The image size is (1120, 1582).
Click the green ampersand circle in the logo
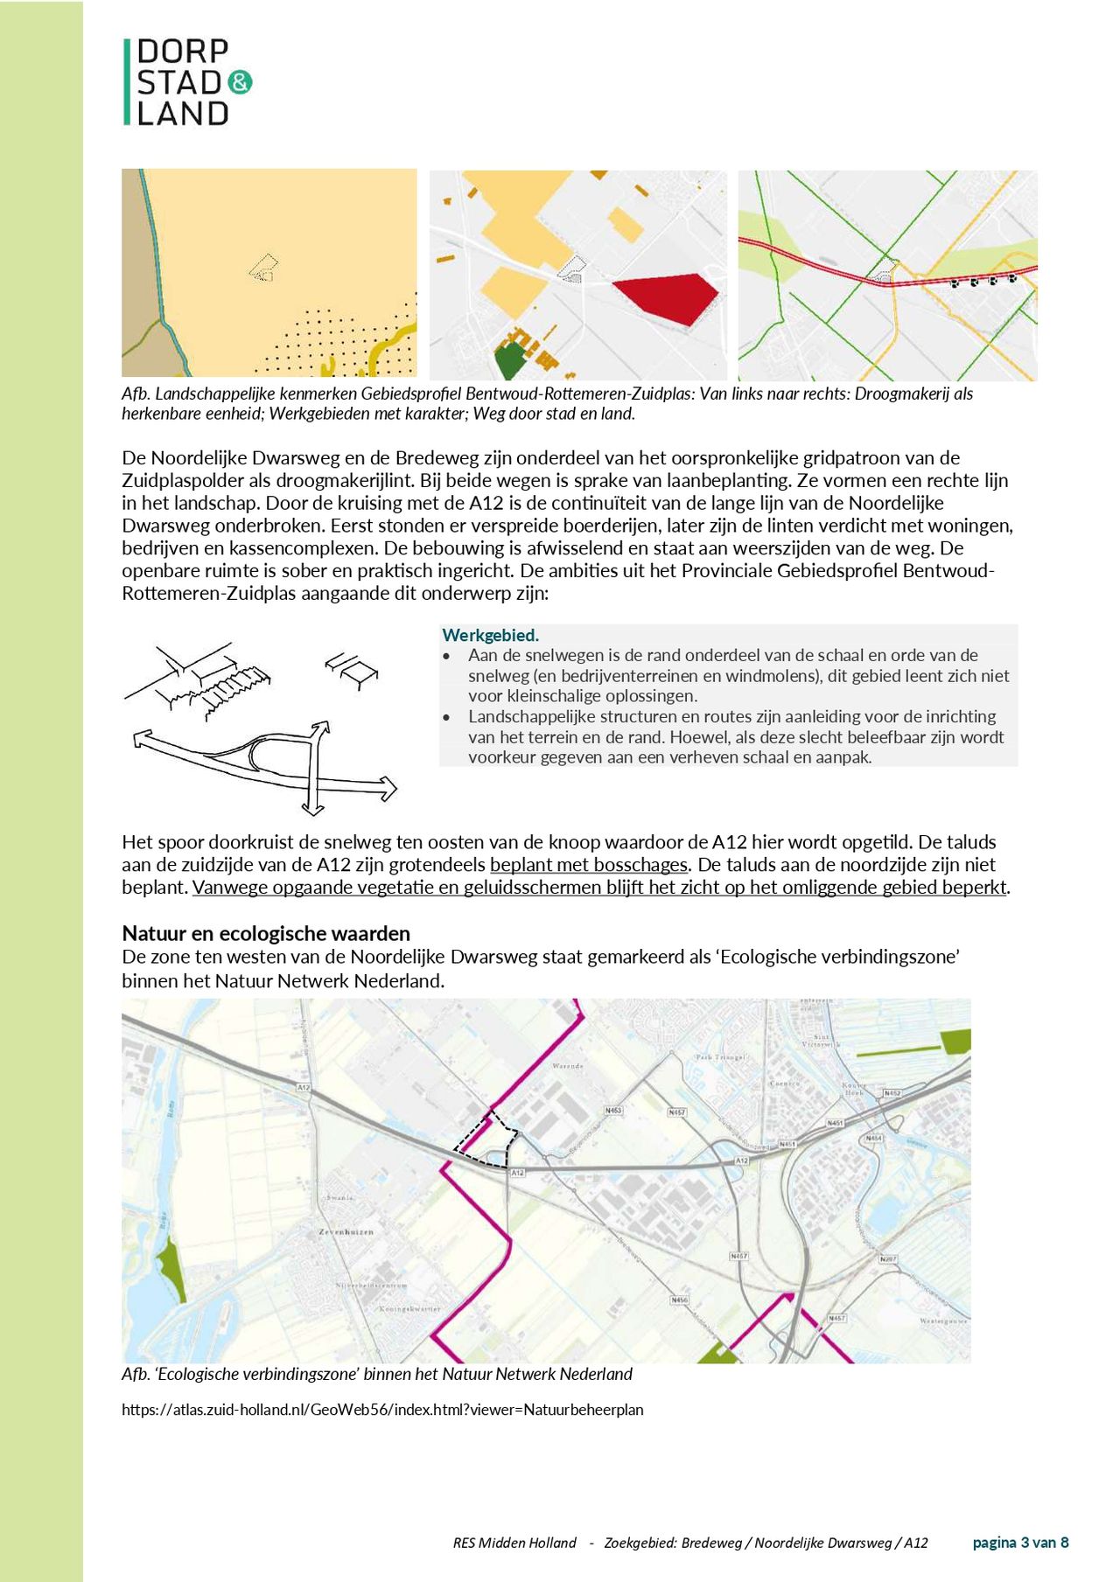240,83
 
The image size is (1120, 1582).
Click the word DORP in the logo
182,52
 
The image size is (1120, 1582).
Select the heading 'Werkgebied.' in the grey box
490,636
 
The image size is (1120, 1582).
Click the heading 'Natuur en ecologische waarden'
266,933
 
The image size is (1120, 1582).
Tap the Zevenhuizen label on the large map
346,1231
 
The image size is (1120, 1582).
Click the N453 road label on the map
613,1111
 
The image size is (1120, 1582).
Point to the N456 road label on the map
679,1300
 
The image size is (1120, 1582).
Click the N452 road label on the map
892,1093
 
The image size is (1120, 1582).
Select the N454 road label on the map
873,1139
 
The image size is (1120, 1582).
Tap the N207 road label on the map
888,1259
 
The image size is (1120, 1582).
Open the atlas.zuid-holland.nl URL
382,1410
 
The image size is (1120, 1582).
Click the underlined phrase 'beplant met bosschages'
589,865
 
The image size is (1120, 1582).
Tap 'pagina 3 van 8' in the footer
1020,1543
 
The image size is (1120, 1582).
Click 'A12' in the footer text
915,1543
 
